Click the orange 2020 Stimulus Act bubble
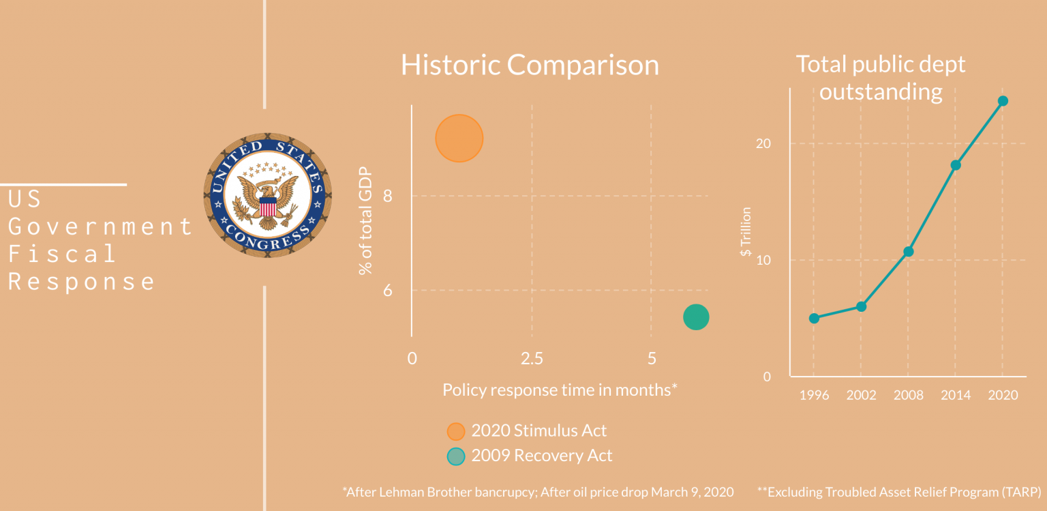point(459,138)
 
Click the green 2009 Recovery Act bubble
point(696,317)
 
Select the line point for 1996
point(814,318)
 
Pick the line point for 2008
point(908,251)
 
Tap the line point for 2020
point(1003,101)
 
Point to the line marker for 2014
point(956,164)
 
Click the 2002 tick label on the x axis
point(861,396)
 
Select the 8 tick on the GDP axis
point(388,196)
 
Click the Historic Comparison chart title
point(530,65)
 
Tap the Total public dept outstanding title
point(881,78)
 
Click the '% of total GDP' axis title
point(367,220)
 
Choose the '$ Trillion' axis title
point(746,232)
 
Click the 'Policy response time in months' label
point(560,390)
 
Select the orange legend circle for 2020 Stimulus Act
point(455,431)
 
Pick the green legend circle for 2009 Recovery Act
point(455,456)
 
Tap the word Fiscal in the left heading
point(62,254)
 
